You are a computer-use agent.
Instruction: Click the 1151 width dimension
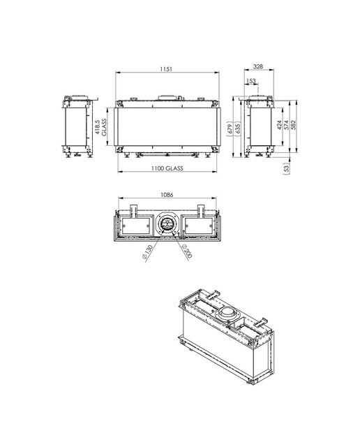coord(166,69)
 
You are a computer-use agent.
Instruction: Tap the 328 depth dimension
coord(258,66)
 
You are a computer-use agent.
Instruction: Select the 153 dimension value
coord(251,81)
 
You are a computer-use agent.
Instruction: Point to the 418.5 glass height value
coord(98,127)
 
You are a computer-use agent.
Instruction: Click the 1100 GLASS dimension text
coord(167,168)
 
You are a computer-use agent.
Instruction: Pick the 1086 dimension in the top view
coord(167,195)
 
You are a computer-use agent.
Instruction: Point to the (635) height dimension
coord(238,129)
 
